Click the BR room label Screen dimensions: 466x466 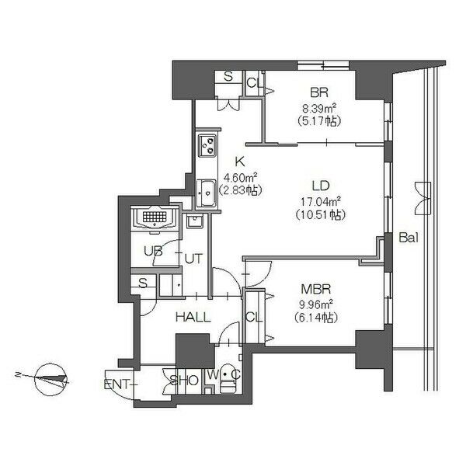coord(319,92)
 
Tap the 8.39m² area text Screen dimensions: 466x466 coord(319,108)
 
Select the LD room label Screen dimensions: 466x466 coord(321,186)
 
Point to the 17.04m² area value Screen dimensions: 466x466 coord(321,201)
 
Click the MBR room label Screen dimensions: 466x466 coord(316,289)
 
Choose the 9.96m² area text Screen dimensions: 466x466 coord(315,304)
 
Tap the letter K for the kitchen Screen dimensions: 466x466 coord(239,162)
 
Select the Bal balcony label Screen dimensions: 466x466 coord(409,238)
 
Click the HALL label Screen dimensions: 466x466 coord(193,318)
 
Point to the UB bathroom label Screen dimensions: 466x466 coord(153,251)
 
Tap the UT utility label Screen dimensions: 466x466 coord(193,259)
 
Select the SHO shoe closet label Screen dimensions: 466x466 coord(184,380)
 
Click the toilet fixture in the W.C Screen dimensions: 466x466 coord(228,383)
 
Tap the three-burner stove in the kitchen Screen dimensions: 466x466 coord(207,146)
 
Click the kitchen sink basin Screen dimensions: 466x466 coord(207,193)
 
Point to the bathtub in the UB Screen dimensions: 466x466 coord(155,217)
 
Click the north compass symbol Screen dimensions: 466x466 coord(50,380)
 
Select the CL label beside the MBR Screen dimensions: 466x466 coord(254,318)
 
